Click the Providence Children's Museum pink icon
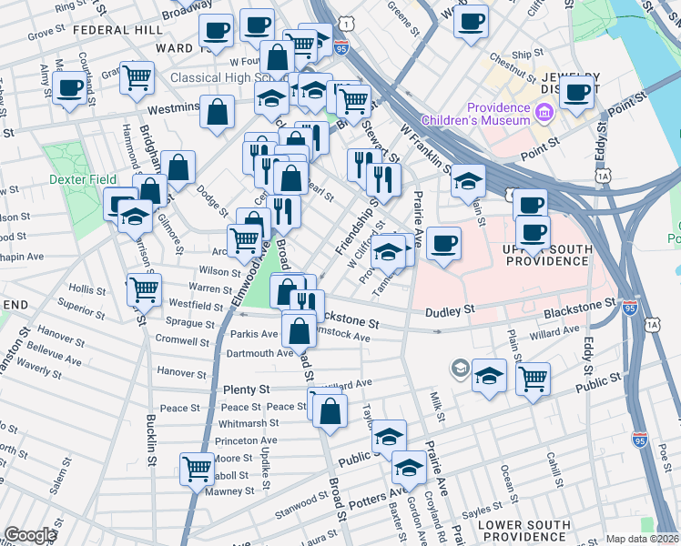click(x=544, y=114)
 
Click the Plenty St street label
click(x=247, y=389)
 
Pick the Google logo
click(x=30, y=534)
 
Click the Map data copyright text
click(x=642, y=539)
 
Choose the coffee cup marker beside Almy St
click(x=70, y=89)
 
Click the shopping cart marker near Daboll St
click(x=197, y=469)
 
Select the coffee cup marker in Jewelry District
click(x=577, y=91)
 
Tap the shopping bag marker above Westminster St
click(x=218, y=114)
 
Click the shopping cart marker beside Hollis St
click(x=144, y=290)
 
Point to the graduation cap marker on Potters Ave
click(x=409, y=470)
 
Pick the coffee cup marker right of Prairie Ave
click(x=443, y=244)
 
